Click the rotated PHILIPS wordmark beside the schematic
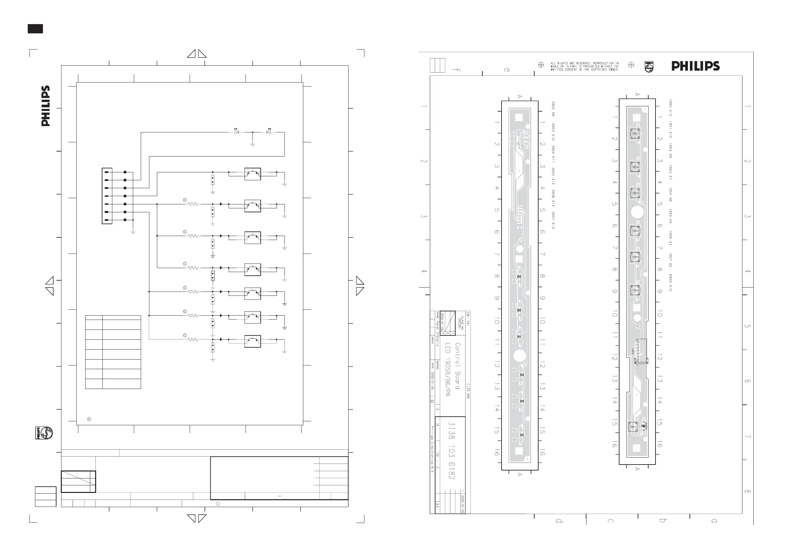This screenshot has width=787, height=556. [46, 106]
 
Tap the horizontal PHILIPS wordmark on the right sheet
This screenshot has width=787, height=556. [695, 66]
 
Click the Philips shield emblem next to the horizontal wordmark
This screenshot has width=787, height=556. [649, 66]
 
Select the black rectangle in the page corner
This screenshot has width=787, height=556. [35, 29]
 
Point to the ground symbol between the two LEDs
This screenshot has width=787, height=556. [253, 144]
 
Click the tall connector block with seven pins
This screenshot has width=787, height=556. [107, 196]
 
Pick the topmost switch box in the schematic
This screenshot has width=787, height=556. [253, 174]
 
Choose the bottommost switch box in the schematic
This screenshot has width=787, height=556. [253, 341]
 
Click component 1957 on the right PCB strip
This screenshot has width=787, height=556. [635, 134]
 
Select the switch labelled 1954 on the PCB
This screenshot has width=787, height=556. [635, 231]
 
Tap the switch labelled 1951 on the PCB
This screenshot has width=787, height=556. [633, 427]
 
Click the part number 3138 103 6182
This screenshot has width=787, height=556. [452, 450]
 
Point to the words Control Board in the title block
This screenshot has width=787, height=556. [458, 366]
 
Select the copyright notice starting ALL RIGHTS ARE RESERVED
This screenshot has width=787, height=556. [584, 66]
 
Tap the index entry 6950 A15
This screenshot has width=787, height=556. [670, 283]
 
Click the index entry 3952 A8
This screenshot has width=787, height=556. [553, 109]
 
